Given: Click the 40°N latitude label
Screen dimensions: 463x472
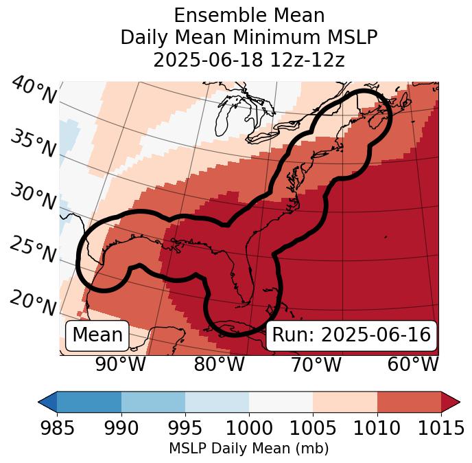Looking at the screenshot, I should [x=33, y=91].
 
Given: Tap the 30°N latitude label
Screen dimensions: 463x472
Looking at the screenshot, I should [x=33, y=197].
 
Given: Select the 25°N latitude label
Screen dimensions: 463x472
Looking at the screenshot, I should [x=33, y=250].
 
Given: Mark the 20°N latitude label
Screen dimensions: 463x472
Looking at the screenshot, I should [x=33, y=303].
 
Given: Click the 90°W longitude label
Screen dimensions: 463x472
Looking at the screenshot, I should [x=120, y=364].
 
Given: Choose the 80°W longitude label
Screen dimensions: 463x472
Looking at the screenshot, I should [x=219, y=364].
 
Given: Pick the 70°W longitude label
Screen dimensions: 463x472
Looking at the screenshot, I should [x=315, y=364].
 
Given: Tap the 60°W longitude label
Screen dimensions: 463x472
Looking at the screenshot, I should [x=412, y=364].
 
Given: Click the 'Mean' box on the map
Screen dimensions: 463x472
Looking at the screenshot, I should [x=97, y=335].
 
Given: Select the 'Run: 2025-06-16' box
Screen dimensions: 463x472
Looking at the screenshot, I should [x=351, y=335].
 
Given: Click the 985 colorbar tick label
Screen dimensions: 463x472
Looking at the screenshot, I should [x=57, y=429].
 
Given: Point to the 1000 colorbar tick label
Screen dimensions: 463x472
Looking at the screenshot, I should [x=249, y=429].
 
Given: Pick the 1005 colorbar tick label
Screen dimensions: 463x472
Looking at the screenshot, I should [x=313, y=429].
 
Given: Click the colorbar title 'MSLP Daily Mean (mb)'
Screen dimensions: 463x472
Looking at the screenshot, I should [x=249, y=449].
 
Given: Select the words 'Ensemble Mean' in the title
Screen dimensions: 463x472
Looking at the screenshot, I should [x=249, y=15].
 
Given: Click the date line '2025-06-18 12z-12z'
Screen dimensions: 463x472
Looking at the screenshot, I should [x=249, y=60].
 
